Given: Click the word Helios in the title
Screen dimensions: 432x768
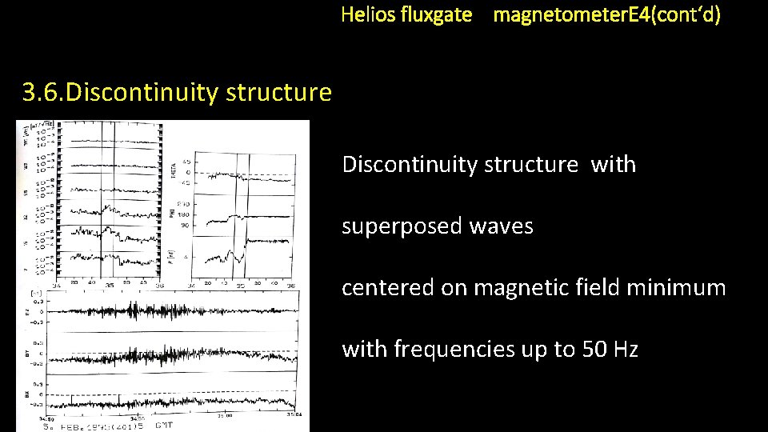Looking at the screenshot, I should pyautogui.click(x=366, y=14).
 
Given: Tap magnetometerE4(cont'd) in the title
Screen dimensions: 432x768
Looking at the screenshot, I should pyautogui.click(x=606, y=14).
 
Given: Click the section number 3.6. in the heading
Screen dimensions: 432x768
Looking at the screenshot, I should pyautogui.click(x=43, y=93).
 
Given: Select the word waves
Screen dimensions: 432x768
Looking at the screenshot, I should pyautogui.click(x=503, y=226).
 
